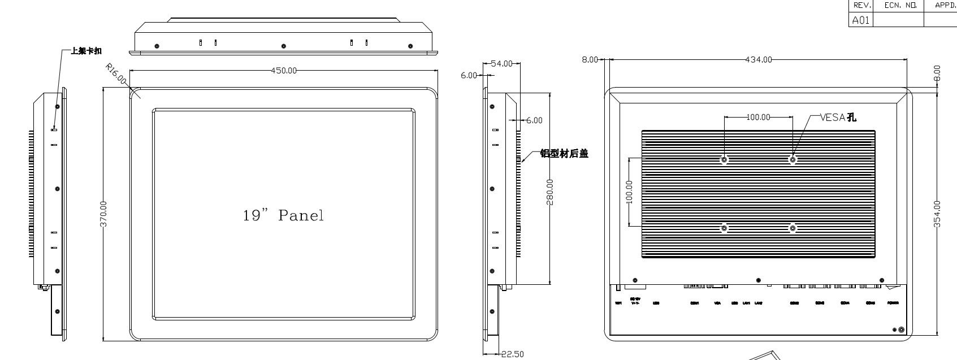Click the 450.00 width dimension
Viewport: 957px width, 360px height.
pyautogui.click(x=284, y=71)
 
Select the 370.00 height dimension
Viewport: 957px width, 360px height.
pyautogui.click(x=103, y=214)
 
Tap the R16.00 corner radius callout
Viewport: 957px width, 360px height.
pyautogui.click(x=116, y=74)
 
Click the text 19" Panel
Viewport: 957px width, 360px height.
pyautogui.click(x=283, y=215)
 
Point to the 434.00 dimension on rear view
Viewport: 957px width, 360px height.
pyautogui.click(x=759, y=59)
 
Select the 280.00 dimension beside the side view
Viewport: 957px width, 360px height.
pyautogui.click(x=550, y=192)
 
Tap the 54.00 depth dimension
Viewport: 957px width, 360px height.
pyautogui.click(x=501, y=64)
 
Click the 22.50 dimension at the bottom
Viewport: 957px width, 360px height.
pyautogui.click(x=513, y=354)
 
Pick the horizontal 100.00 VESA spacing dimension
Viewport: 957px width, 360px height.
pyautogui.click(x=758, y=117)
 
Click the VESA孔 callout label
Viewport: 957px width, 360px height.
pyautogui.click(x=838, y=118)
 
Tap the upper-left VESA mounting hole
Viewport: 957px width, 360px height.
pyautogui.click(x=724, y=159)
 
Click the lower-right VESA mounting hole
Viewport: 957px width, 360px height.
pyautogui.click(x=793, y=228)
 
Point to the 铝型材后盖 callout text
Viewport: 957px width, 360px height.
pyautogui.click(x=564, y=153)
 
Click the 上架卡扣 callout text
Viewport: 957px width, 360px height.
pyautogui.click(x=86, y=51)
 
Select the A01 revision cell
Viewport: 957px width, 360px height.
pyautogui.click(x=860, y=20)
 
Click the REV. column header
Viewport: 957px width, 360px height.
pyautogui.click(x=861, y=5)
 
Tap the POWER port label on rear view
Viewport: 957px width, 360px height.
pyautogui.click(x=893, y=303)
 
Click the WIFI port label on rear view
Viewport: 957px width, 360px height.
pyautogui.click(x=618, y=303)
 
